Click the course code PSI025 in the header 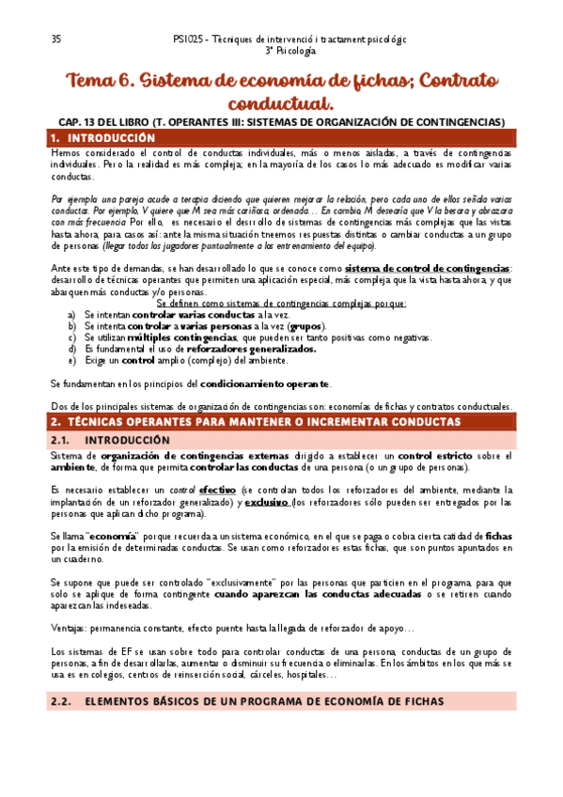pyautogui.click(x=189, y=39)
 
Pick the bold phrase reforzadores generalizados pyautogui.click(x=250, y=348)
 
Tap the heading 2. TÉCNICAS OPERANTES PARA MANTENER pyautogui.click(x=254, y=421)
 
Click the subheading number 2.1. pyautogui.click(x=60, y=439)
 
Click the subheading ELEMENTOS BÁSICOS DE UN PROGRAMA pyautogui.click(x=264, y=700)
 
